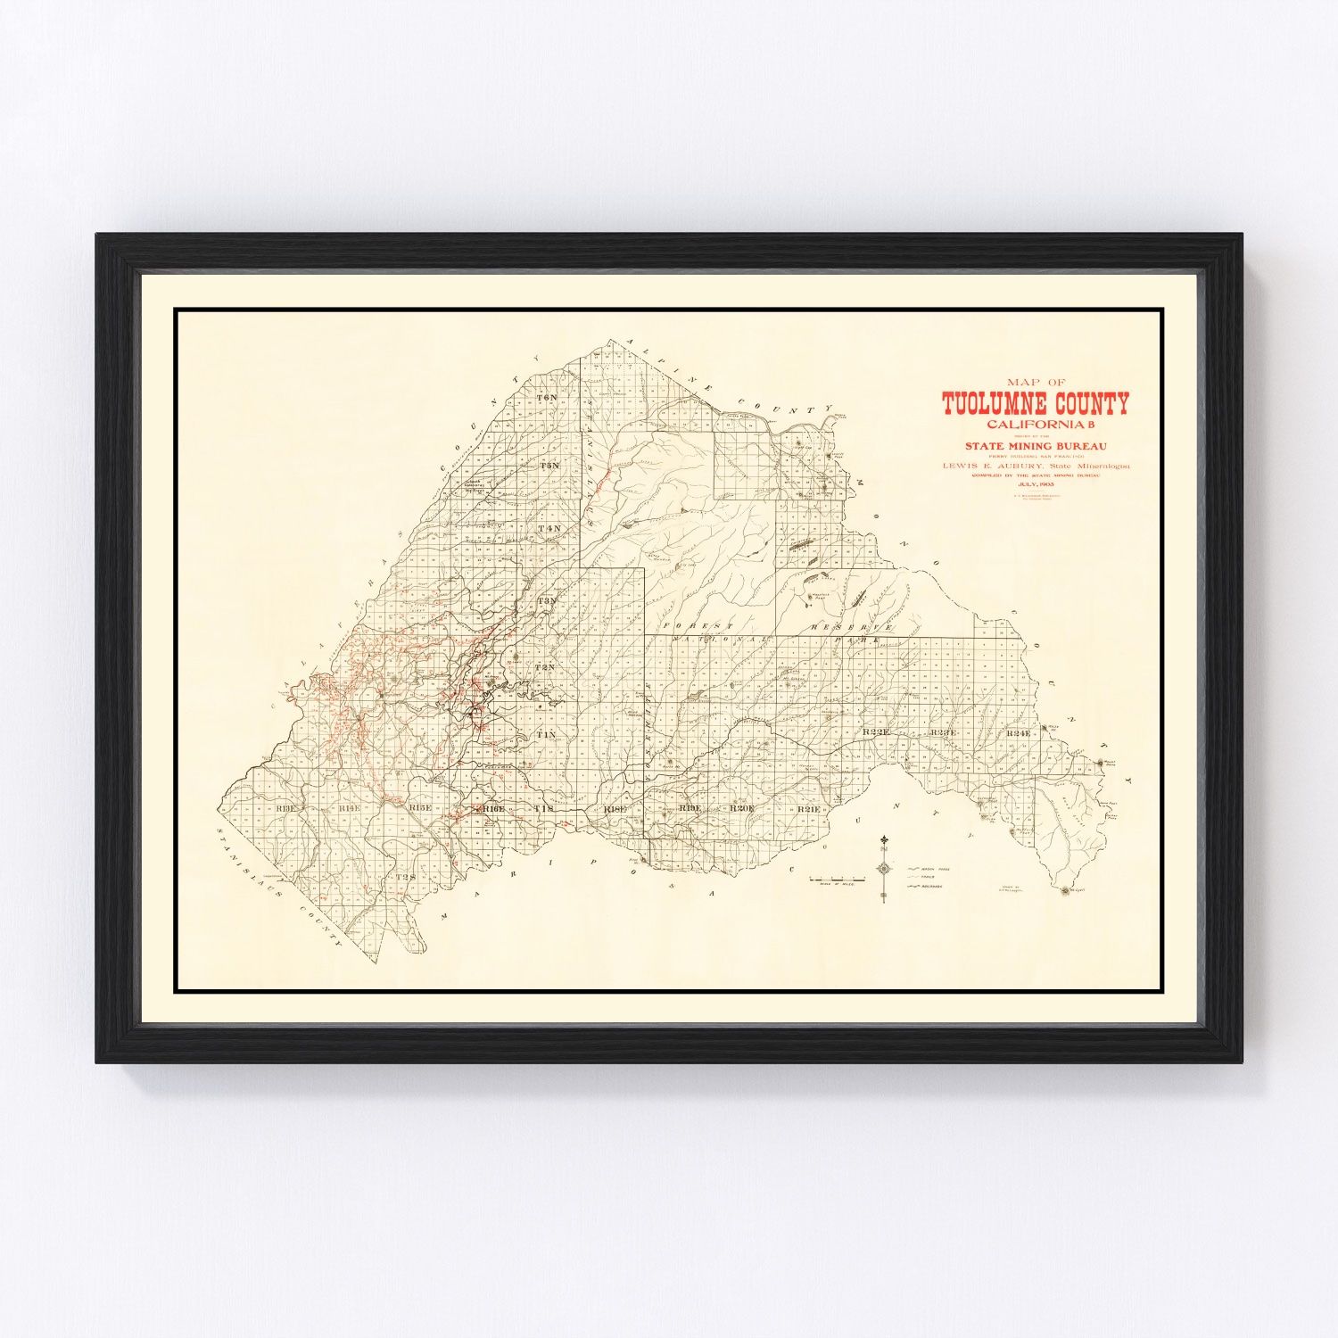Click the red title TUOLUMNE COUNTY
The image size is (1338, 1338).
point(1036,405)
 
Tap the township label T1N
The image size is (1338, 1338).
point(547,733)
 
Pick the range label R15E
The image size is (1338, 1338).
point(419,807)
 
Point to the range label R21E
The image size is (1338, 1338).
point(809,808)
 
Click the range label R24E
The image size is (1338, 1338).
point(1018,733)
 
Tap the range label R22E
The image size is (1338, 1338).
point(877,733)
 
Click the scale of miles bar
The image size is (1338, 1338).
point(837,880)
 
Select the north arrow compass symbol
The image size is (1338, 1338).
point(883,867)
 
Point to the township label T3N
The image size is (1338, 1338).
point(547,601)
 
